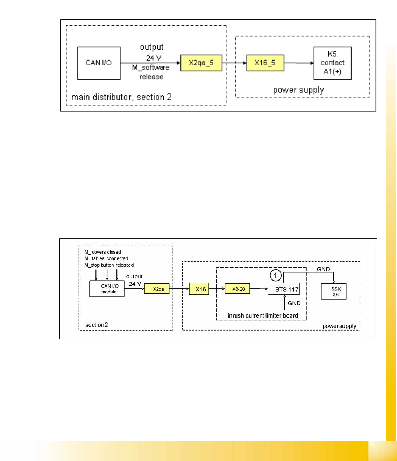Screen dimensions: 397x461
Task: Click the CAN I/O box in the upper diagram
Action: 99,63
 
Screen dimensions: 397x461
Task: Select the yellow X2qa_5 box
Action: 201,63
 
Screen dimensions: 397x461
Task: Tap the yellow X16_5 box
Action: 265,63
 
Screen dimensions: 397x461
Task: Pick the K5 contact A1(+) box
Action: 333,63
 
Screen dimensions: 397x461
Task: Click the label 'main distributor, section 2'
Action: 121,97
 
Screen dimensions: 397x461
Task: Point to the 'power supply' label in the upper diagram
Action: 298,90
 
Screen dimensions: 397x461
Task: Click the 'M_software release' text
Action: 151,72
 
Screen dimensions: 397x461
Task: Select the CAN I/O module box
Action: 107,289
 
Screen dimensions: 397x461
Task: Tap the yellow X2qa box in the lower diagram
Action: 157,289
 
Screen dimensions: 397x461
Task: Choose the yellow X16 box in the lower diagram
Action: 199,289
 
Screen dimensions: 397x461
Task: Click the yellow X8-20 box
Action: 237,289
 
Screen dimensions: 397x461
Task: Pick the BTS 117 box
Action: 283,289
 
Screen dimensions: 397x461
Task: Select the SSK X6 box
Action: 334,291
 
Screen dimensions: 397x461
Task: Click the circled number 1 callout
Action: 275,275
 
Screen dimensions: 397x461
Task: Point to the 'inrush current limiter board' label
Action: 263,315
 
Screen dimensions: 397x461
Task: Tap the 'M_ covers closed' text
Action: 102,252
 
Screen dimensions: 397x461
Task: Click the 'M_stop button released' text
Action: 109,265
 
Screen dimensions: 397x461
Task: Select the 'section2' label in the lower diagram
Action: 97,325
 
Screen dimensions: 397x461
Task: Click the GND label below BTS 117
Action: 294,303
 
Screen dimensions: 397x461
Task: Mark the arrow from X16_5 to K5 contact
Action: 299,63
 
